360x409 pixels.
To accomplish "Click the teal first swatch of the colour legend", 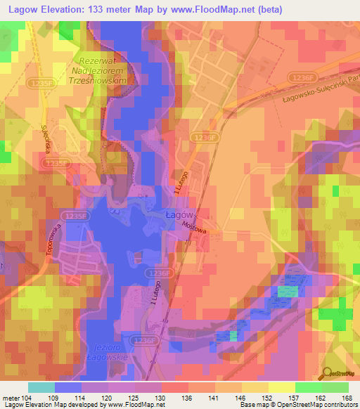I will point(41,387).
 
